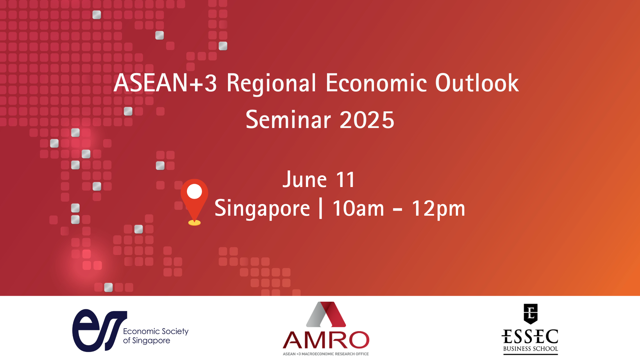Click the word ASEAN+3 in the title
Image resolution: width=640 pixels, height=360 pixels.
click(x=165, y=83)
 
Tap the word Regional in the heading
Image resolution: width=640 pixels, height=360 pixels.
click(x=271, y=83)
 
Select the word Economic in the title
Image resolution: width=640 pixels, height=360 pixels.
click(x=376, y=83)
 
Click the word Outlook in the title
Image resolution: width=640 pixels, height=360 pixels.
click(x=477, y=83)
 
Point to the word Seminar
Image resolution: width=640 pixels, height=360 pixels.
click(x=288, y=120)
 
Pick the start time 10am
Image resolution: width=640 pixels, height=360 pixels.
click(x=358, y=209)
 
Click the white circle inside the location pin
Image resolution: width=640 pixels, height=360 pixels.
click(x=194, y=192)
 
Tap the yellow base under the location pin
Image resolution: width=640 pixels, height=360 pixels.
click(x=194, y=223)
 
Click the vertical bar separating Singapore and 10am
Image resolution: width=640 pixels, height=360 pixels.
click(x=321, y=208)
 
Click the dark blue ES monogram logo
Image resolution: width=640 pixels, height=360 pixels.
click(x=100, y=330)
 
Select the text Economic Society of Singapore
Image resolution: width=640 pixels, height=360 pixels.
click(x=156, y=336)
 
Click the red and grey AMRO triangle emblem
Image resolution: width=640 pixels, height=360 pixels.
click(x=326, y=314)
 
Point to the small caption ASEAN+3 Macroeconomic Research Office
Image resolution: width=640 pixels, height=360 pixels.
click(x=326, y=354)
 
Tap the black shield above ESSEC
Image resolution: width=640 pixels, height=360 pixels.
click(x=530, y=314)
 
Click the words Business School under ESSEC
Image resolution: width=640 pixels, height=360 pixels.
click(x=530, y=349)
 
